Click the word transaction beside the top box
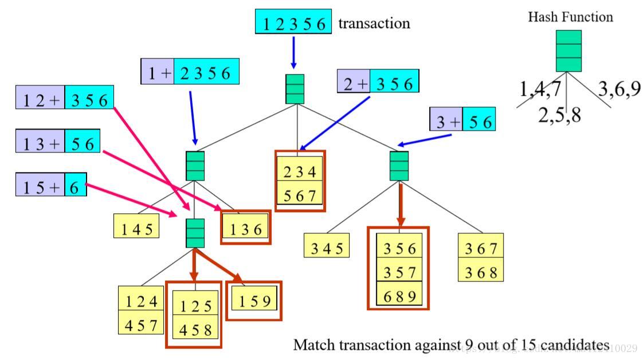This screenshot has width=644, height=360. tap(374, 24)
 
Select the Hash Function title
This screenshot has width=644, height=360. tap(570, 17)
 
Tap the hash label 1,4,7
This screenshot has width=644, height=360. tap(540, 89)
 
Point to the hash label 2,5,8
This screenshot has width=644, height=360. tap(559, 115)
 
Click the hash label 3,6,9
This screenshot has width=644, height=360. tap(619, 89)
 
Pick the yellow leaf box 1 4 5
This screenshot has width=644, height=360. tap(136, 229)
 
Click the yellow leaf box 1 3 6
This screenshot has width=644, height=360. tap(245, 229)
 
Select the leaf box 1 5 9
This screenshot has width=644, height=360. tap(254, 300)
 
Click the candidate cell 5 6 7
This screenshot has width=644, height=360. tap(300, 195)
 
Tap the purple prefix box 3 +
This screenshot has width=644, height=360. tap(446, 122)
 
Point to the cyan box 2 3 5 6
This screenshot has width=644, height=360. tap(206, 73)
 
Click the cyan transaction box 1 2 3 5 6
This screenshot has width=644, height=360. tap(293, 23)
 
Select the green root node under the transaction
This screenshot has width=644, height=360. tap(294, 89)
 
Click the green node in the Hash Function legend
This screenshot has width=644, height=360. tap(568, 51)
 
